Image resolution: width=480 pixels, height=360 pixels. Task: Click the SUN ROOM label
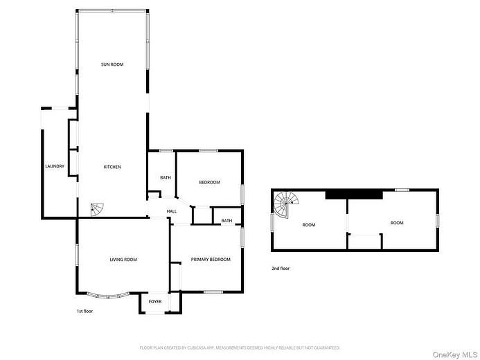click(112, 64)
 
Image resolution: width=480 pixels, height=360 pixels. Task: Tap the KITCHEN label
click(112, 167)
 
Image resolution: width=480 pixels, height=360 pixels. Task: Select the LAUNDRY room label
click(55, 167)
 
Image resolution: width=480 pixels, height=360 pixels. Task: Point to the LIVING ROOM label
click(123, 260)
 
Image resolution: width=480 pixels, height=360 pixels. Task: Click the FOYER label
click(155, 302)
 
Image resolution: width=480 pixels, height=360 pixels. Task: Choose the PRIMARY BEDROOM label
click(211, 260)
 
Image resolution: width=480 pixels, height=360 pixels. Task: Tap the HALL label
click(171, 211)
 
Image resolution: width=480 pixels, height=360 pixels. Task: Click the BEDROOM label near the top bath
click(209, 182)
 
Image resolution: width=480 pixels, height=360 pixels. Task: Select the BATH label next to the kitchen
click(166, 178)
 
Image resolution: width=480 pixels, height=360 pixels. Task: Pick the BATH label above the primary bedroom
click(226, 221)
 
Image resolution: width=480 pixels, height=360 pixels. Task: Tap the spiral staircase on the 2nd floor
click(286, 204)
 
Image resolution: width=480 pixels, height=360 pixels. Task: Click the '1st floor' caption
click(85, 312)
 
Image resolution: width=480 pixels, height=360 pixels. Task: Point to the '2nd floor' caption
click(281, 268)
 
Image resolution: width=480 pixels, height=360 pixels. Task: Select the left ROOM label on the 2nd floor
click(308, 224)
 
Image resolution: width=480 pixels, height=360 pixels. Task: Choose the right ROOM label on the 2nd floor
click(396, 223)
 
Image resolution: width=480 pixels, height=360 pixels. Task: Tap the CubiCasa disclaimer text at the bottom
click(240, 348)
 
